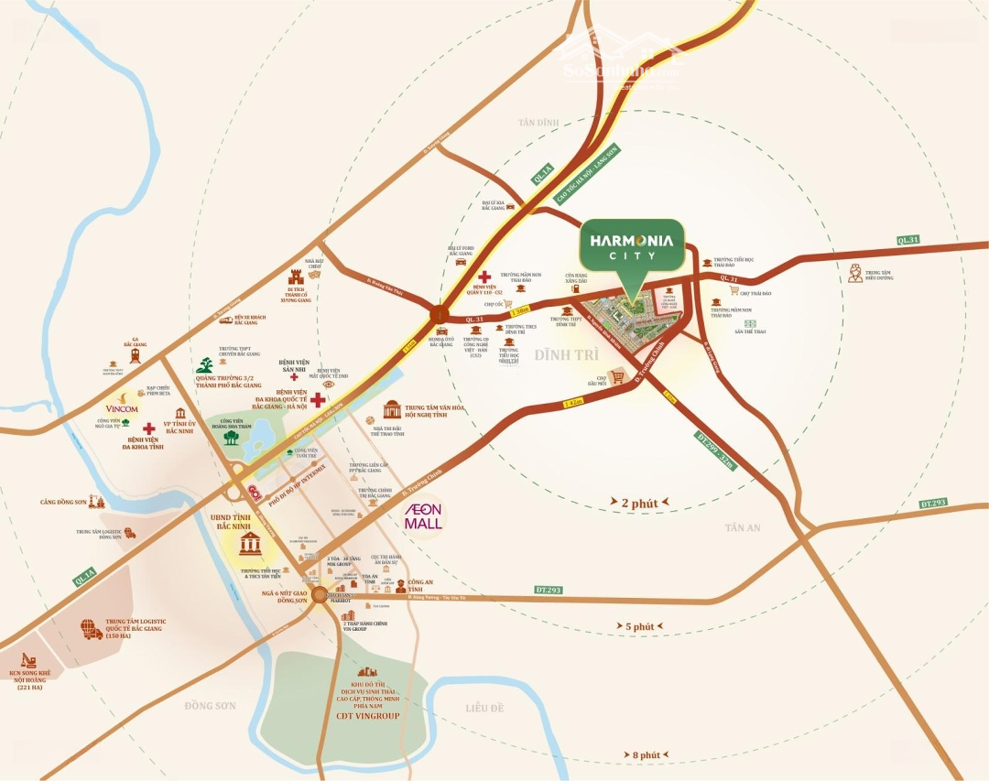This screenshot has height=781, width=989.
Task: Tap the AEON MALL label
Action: tap(424, 516)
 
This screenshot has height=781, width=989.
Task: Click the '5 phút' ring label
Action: tap(640, 626)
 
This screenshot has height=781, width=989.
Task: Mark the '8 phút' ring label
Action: tap(646, 754)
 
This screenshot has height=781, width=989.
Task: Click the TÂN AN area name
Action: tap(743, 527)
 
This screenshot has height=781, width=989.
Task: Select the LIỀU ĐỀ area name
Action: tap(484, 708)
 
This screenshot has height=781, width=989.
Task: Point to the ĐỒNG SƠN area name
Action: tap(210, 705)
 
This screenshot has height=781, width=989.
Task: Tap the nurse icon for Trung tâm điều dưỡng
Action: tap(855, 272)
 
